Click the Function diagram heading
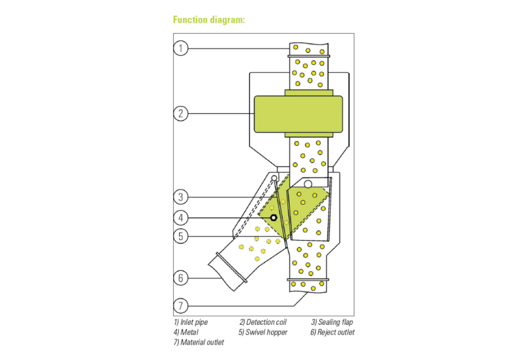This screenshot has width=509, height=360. pos(209,20)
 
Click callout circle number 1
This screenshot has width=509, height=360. pos(181,48)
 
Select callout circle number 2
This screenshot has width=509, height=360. pos(181,113)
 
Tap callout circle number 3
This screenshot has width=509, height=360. pos(181,197)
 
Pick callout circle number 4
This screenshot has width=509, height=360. pos(181,217)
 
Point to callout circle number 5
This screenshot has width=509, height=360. pos(181,235)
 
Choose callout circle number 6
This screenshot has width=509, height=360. pos(181,278)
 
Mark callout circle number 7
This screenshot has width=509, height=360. pos(181,306)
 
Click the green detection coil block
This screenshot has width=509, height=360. pos(298,114)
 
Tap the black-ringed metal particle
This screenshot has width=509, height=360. pos(273,217)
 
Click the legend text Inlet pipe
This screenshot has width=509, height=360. pos(190,322)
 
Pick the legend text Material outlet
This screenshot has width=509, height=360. pos(198,342)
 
